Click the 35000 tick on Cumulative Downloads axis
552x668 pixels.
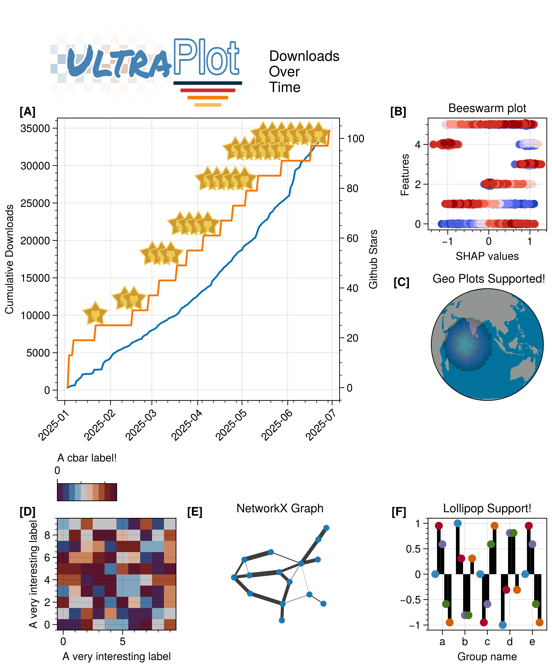tap(35, 129)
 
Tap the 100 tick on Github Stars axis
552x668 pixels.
tap(355, 139)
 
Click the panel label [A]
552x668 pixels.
tap(27, 112)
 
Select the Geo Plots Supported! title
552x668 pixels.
tap(488, 279)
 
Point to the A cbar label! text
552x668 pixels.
tap(87, 458)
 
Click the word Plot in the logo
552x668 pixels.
tap(206, 57)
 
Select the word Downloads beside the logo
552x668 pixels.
tap(304, 56)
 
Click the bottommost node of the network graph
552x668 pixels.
tap(282, 620)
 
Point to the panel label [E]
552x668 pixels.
tap(194, 512)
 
